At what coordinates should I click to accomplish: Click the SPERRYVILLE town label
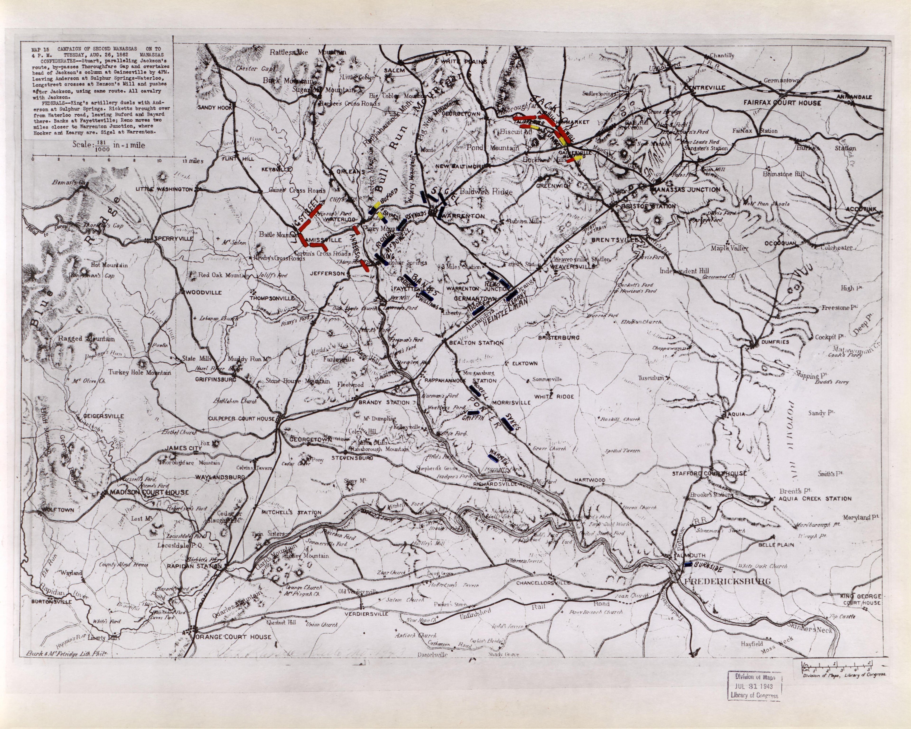pyautogui.click(x=174, y=239)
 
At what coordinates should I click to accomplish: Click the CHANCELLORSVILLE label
pyautogui.click(x=543, y=583)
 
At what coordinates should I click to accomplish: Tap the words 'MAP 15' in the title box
pyautogui.click(x=40, y=50)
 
